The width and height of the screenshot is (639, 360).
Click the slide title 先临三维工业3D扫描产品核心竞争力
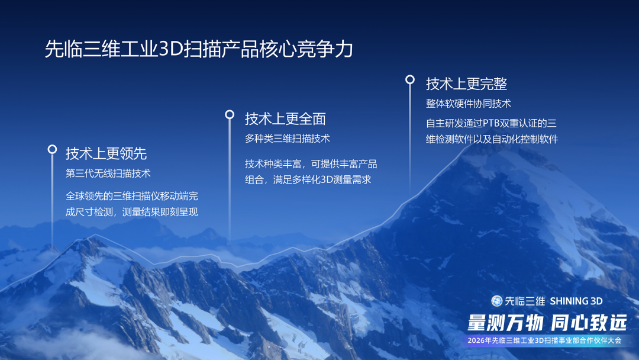click(x=199, y=49)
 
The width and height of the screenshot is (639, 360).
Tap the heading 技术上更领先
click(x=106, y=154)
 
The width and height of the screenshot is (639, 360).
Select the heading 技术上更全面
click(x=285, y=119)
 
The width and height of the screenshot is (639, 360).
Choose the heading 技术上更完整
click(x=466, y=83)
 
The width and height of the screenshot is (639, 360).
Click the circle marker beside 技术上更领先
click(x=52, y=150)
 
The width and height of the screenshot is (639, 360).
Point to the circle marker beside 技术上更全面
click(x=230, y=114)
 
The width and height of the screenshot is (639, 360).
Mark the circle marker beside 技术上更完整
click(x=409, y=79)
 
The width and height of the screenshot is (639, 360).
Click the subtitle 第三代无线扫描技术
click(x=108, y=173)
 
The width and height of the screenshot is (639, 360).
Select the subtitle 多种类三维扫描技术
click(x=287, y=139)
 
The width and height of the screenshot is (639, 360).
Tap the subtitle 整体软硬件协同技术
click(x=468, y=104)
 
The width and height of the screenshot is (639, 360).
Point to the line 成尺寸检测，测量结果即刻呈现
click(x=131, y=212)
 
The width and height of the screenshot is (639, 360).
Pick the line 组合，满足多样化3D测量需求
click(x=308, y=179)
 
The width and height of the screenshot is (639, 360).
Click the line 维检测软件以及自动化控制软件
click(x=492, y=140)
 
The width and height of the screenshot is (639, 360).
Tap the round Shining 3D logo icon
click(x=496, y=301)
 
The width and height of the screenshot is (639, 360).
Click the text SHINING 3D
click(x=576, y=301)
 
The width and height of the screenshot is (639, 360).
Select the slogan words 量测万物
click(x=505, y=323)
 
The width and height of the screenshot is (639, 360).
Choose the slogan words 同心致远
click(x=588, y=323)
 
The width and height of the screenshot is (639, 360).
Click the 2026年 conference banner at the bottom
click(x=544, y=340)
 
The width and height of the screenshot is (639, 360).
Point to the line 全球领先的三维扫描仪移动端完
click(x=131, y=196)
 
